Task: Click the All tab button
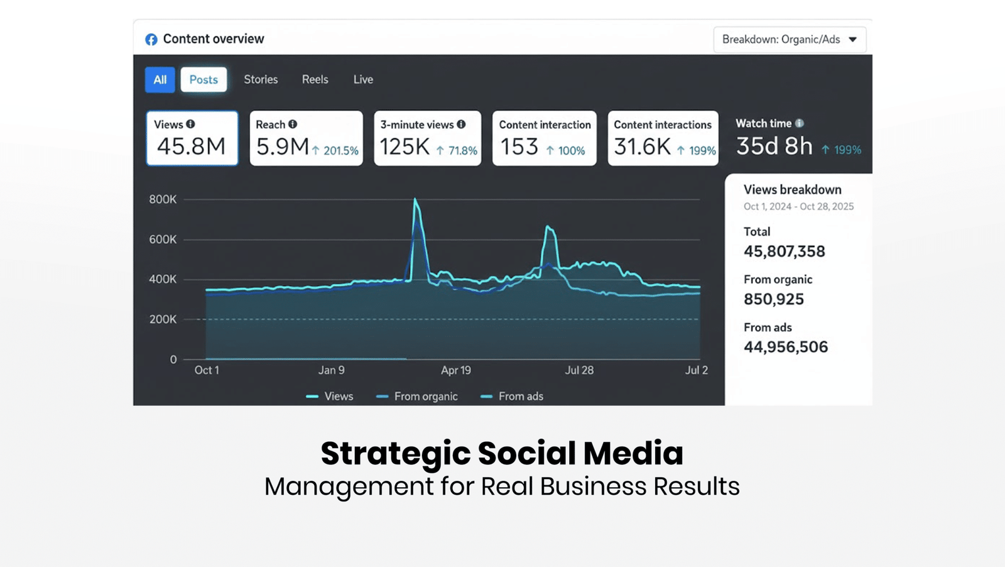point(160,80)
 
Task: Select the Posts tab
point(204,80)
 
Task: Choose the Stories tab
point(261,79)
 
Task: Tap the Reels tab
point(315,79)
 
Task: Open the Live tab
point(363,79)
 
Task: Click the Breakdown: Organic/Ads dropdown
point(790,40)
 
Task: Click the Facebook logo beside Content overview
point(151,40)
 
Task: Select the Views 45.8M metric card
point(192,138)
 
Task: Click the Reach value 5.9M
point(282,147)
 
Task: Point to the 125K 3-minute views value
point(405,147)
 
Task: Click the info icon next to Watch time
point(800,123)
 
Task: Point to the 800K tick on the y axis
point(163,199)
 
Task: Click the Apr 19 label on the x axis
point(456,370)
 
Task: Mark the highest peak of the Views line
point(415,199)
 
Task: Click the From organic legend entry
point(417,397)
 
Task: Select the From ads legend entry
point(512,397)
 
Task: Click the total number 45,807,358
point(785,251)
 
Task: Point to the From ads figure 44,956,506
point(786,347)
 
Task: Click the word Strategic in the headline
point(396,454)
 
